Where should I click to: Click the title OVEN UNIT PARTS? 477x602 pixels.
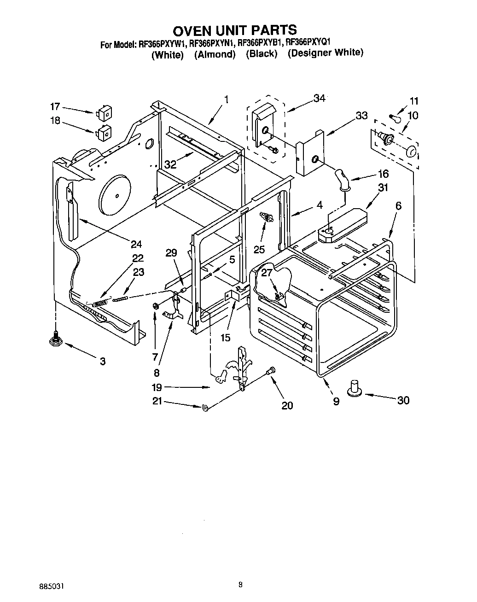point(234,30)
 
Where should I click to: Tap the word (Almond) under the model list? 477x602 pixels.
point(215,54)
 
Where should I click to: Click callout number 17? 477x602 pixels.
point(55,107)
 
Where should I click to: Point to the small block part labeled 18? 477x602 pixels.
point(103,132)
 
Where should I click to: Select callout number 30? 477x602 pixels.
point(403,400)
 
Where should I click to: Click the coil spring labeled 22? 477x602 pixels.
point(100,303)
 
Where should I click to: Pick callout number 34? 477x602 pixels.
point(319,98)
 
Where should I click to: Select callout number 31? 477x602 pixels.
point(383,187)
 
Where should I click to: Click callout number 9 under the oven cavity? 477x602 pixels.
point(336,402)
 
